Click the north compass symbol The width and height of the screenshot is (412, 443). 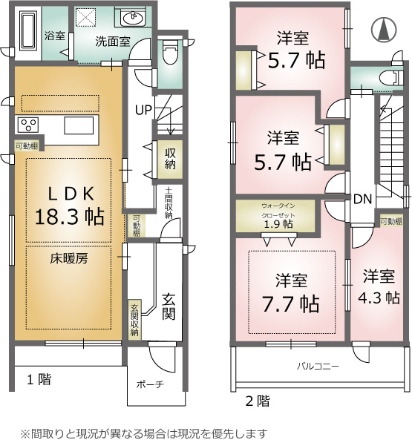point(384,29)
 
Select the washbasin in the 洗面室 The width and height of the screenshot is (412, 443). point(132,17)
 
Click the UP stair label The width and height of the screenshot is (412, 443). point(143,110)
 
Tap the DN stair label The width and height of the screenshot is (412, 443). point(362,200)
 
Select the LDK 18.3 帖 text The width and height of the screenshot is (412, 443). point(70,206)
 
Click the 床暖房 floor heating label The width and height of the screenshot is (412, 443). point(69,258)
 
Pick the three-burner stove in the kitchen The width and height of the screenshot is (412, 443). point(28,125)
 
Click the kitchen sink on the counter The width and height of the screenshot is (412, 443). point(79,125)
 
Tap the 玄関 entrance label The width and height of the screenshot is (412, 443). point(169,306)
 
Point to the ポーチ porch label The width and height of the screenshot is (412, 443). point(150,384)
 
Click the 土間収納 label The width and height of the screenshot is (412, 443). point(169,203)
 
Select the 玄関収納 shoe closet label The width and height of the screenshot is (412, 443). point(135,320)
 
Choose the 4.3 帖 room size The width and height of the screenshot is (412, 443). point(379,298)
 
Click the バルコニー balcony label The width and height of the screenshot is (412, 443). point(318,367)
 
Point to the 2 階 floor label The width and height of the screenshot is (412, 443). point(258,401)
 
